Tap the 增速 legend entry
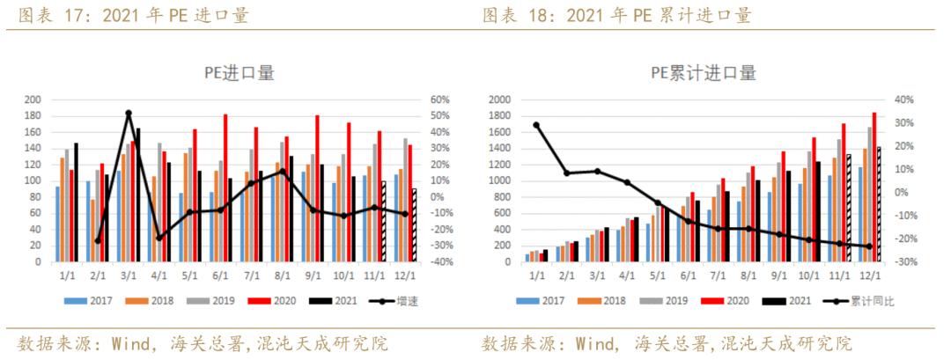click(393, 301)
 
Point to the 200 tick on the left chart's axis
click(33, 99)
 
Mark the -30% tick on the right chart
click(906, 262)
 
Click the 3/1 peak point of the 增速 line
click(129, 113)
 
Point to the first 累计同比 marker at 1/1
click(536, 125)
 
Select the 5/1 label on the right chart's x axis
click(657, 274)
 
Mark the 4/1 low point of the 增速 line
click(159, 238)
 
